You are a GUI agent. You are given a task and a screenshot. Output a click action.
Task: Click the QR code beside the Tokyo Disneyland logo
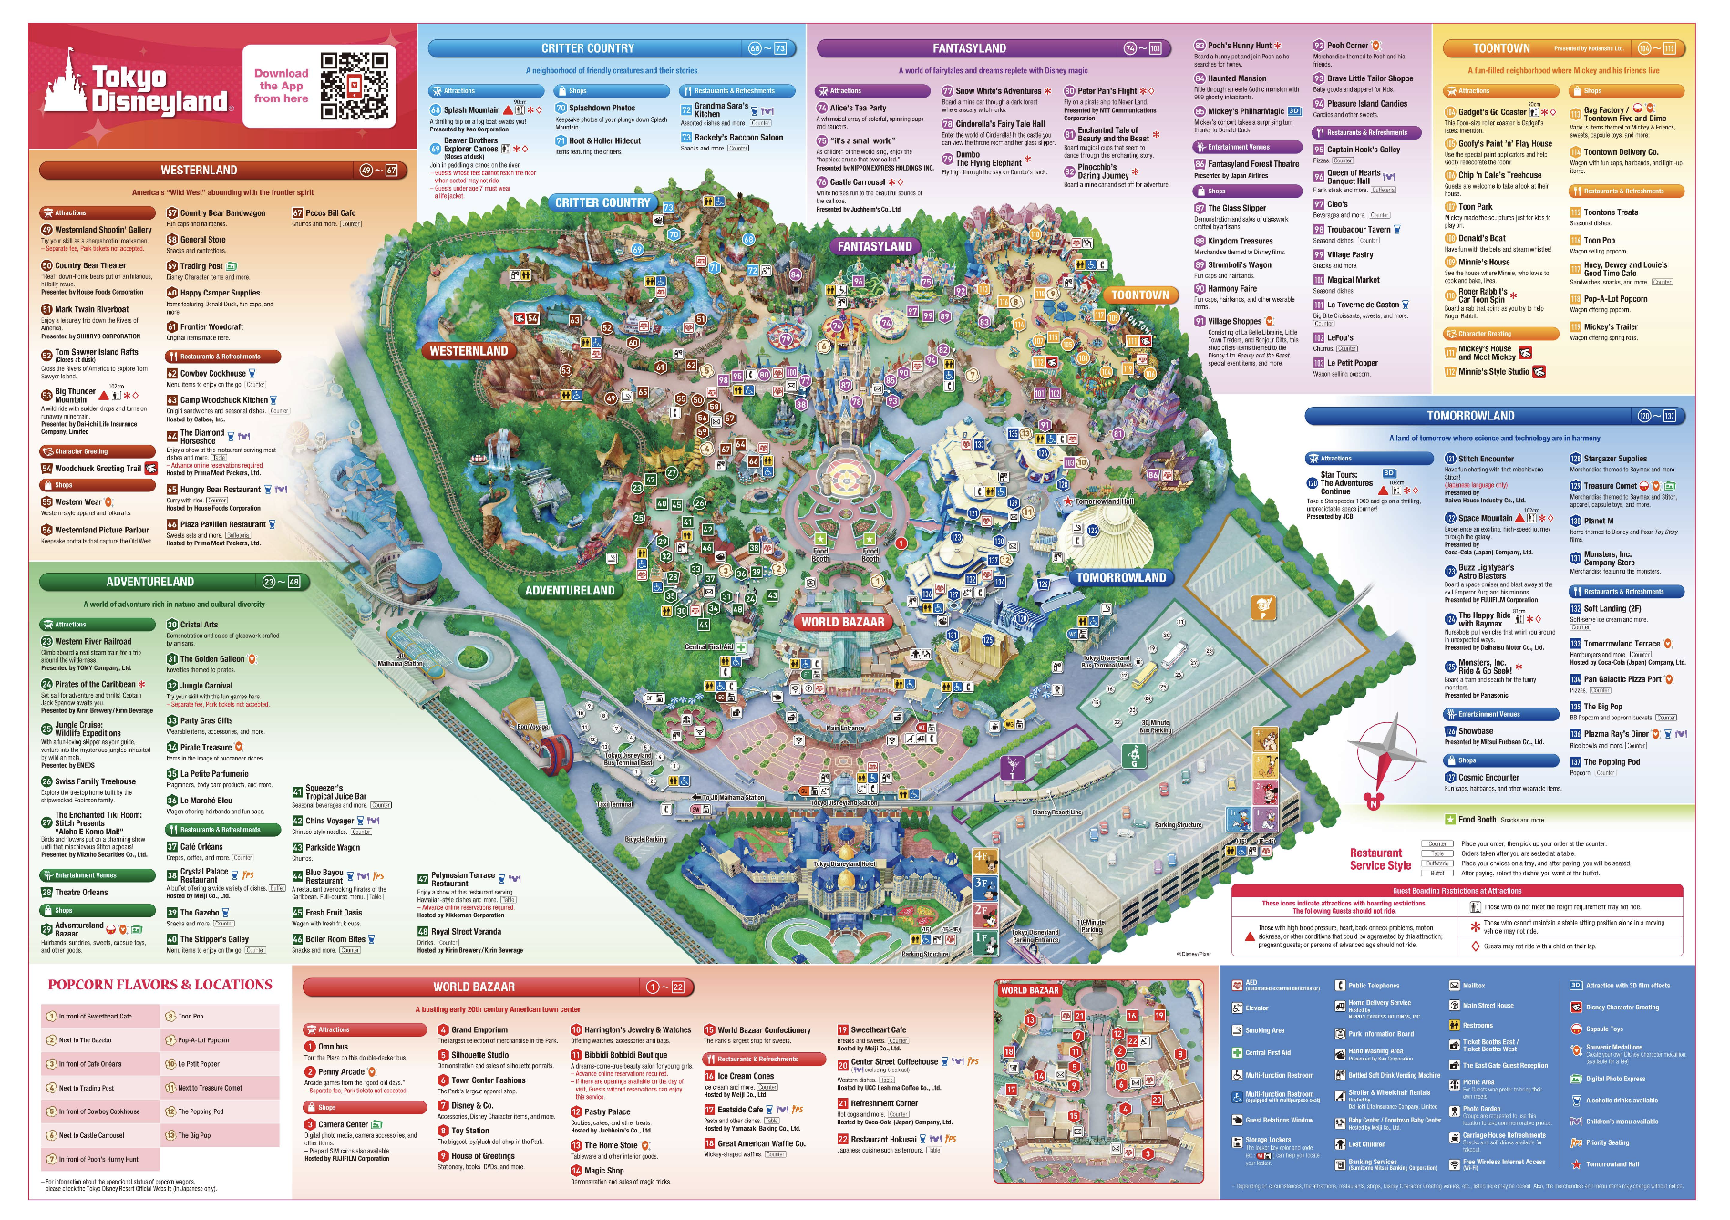[x=354, y=87]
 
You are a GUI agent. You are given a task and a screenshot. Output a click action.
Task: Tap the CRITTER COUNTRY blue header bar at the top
[x=588, y=48]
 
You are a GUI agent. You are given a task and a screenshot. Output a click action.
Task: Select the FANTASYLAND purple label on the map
[x=874, y=246]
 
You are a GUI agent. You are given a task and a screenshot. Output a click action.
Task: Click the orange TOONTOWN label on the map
[x=1139, y=295]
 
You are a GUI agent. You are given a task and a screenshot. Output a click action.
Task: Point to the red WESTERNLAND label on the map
[x=469, y=351]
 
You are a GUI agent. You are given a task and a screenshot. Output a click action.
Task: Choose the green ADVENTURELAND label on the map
[x=570, y=590]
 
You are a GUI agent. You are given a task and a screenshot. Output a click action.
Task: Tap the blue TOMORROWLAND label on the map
[x=1120, y=577]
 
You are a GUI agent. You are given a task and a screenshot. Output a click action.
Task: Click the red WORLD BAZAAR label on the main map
[x=842, y=622]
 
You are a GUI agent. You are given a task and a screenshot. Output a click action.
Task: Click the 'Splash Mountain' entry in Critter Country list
[x=471, y=109]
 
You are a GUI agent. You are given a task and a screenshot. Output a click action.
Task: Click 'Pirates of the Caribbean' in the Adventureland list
[x=95, y=684]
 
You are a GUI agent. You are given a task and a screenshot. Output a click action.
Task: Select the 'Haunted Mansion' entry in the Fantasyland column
[x=1236, y=78]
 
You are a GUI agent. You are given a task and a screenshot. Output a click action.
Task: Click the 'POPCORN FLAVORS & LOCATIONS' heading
[x=160, y=985]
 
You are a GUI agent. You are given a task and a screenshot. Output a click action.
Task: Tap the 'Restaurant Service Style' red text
[x=1380, y=859]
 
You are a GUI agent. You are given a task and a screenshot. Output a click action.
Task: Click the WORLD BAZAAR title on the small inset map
[x=1029, y=990]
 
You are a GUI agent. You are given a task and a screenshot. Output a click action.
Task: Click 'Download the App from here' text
[x=281, y=86]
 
